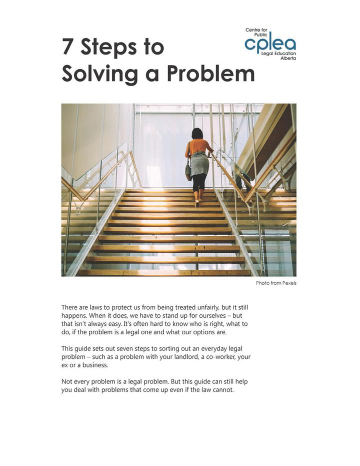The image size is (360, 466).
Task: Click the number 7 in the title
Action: point(68,47)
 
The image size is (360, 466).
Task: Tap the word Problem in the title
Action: point(210,74)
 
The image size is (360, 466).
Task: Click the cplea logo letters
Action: point(270,44)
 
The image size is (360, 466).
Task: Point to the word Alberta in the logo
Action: point(288,58)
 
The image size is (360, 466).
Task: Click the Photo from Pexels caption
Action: point(276,283)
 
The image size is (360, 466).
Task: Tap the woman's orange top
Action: point(198,147)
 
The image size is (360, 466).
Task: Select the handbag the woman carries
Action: point(188,172)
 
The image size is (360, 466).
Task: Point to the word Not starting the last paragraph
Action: point(67,381)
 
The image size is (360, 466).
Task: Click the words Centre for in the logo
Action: point(256,31)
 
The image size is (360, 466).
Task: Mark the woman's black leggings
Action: point(199,183)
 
